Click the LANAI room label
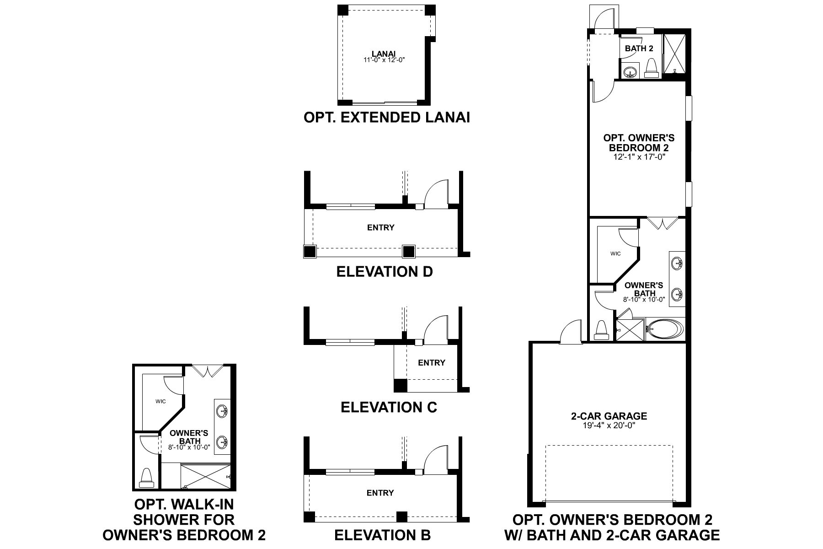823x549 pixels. click(383, 55)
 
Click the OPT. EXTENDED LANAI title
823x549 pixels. click(386, 118)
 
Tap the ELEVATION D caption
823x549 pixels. click(384, 272)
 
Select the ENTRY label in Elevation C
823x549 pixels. click(431, 363)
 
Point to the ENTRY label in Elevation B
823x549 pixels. click(380, 493)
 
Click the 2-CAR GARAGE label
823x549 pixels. click(609, 416)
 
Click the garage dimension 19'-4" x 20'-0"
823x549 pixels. click(609, 425)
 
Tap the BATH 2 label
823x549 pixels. click(639, 48)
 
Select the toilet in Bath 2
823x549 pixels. click(651, 68)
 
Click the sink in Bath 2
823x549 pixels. click(631, 72)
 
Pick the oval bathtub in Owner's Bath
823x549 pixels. click(664, 328)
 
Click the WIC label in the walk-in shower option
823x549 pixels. click(160, 402)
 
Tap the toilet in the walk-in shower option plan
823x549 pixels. click(146, 477)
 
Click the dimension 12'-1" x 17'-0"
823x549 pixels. click(638, 157)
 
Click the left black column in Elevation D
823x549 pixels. click(310, 251)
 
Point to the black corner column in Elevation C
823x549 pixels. click(401, 385)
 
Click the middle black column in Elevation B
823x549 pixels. click(401, 517)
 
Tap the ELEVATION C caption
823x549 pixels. click(389, 407)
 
